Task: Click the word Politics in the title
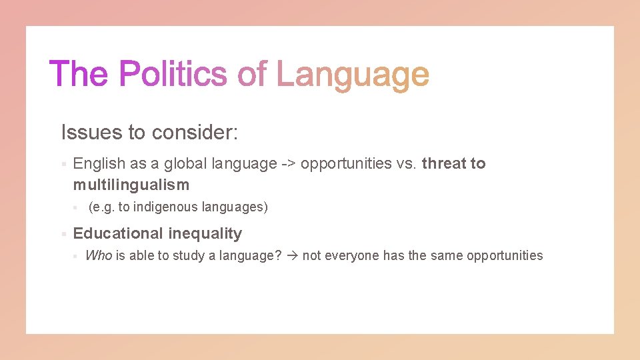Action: pos(173,73)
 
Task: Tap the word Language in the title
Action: pos(353,75)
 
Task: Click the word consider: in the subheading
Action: pos(195,132)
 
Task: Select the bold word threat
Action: pos(444,163)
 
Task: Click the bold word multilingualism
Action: pos(131,185)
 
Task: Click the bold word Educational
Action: pos(118,233)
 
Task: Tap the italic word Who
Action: pos(99,255)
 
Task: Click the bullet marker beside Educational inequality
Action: pos(62,234)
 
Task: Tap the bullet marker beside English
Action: pos(62,164)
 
